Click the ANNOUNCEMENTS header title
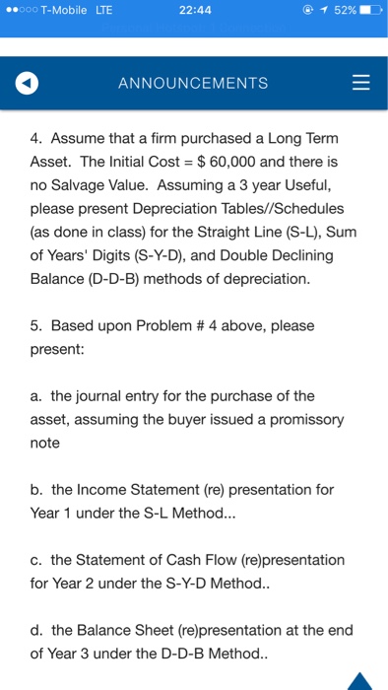tap(193, 84)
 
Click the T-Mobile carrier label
tap(64, 10)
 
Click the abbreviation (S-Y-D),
tap(178, 255)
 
